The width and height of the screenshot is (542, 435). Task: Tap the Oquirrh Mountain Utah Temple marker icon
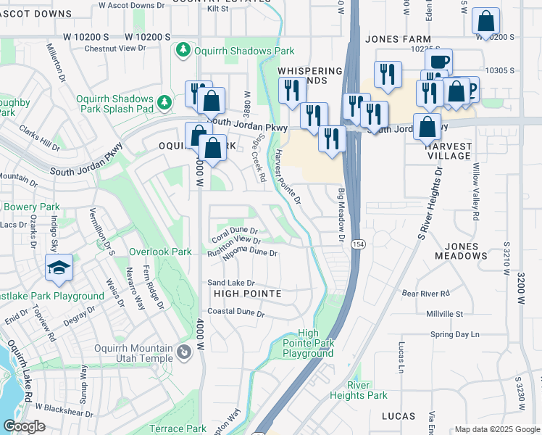click(184, 353)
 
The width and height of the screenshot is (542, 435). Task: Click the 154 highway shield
click(358, 244)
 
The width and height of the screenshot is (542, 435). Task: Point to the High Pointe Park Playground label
click(308, 344)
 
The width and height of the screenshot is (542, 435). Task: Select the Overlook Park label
click(160, 252)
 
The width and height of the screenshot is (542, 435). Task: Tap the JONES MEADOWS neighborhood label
click(462, 251)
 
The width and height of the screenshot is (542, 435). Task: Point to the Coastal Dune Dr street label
click(236, 312)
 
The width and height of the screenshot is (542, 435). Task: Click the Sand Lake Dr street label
click(232, 283)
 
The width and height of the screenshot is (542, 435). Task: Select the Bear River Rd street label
click(426, 294)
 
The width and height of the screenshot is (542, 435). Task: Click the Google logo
click(24, 426)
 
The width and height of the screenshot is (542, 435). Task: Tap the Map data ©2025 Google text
click(496, 429)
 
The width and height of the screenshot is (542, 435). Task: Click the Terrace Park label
click(178, 429)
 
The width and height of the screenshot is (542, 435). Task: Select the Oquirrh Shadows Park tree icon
click(183, 50)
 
